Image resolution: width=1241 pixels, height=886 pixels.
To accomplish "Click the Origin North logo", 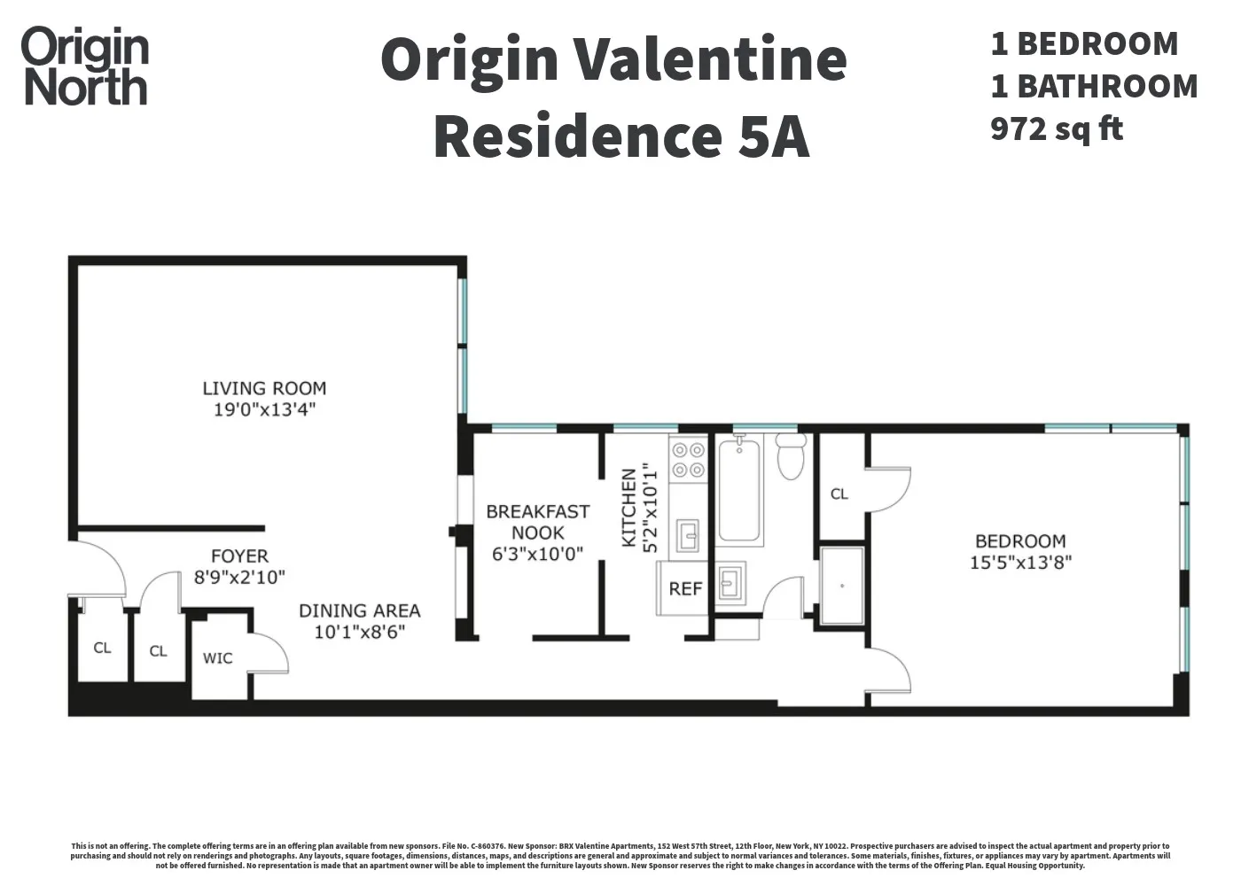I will point(85,66).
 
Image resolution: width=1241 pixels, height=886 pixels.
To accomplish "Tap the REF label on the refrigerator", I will point(685,588).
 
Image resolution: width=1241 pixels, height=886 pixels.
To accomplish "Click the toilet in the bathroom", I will point(789,456).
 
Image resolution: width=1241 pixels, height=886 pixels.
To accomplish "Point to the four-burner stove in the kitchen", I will point(688,460).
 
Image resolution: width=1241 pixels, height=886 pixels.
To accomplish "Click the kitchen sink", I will point(688,535).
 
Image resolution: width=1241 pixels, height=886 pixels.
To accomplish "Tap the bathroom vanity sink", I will point(730,583).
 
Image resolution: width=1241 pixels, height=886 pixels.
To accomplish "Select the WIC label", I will point(218,657).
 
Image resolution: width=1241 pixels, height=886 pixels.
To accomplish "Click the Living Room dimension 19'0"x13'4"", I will point(264,409).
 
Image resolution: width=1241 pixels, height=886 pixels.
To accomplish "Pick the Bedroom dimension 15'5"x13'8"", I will point(1020,563).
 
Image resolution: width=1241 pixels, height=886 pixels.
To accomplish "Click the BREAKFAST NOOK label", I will point(537,522).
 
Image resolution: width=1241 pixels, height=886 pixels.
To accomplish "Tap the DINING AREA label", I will point(359,610).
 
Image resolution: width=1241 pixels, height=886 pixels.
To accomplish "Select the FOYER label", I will point(239,556).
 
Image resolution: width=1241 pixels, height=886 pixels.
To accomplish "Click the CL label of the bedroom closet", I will point(839,494).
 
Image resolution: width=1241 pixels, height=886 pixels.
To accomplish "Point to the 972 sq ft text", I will point(1057,128).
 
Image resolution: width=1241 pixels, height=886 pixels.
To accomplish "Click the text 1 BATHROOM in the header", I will point(1094,86).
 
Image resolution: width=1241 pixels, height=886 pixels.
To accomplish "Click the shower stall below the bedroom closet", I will point(841,586).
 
